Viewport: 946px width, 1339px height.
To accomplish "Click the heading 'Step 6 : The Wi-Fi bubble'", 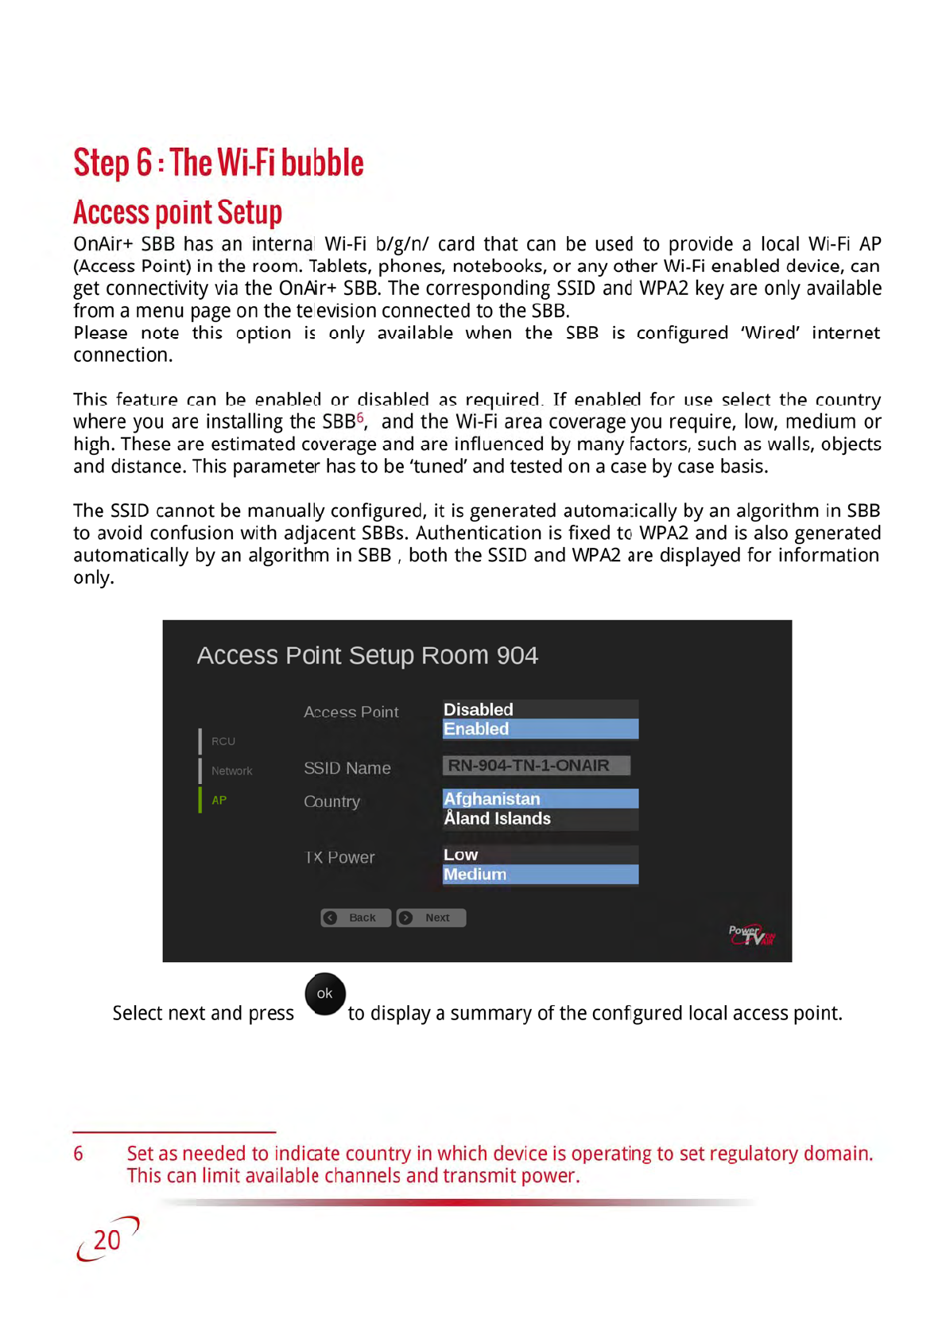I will pos(219,163).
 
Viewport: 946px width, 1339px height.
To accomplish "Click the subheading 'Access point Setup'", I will pos(177,212).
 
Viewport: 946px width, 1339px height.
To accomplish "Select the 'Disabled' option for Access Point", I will pos(540,709).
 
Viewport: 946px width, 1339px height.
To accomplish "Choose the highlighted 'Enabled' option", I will pos(540,729).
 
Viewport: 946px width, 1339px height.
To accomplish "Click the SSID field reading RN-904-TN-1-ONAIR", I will pos(536,766).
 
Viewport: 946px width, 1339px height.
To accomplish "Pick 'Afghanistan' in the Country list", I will pos(540,798).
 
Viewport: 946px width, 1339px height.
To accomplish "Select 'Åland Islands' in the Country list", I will pos(540,819).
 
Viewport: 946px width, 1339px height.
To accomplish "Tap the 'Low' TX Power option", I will pos(540,855).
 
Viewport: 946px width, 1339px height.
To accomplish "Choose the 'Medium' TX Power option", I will pos(540,875).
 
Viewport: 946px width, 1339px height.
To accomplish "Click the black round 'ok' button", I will pos(324,994).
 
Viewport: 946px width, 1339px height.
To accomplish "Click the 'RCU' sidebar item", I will pos(223,741).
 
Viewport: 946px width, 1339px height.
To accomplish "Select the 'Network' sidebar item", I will pos(231,770).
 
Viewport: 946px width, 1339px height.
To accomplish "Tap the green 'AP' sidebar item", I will pos(219,800).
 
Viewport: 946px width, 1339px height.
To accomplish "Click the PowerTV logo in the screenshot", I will pos(751,935).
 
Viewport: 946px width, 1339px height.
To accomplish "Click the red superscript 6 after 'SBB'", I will pos(360,417).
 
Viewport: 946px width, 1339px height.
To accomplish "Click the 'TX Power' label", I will pos(339,857).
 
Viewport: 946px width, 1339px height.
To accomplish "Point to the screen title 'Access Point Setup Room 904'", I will pos(367,655).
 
